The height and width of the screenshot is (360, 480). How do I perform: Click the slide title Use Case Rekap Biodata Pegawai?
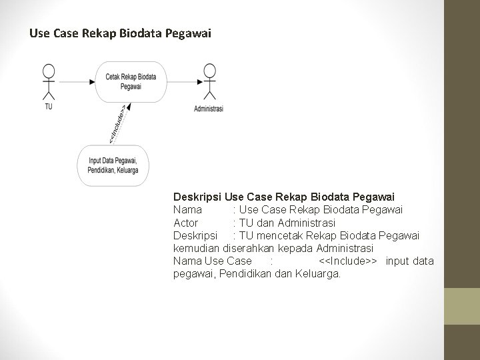coord(120,31)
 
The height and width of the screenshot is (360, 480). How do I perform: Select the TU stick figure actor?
coord(48,81)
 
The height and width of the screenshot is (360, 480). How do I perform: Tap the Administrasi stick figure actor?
coord(209,82)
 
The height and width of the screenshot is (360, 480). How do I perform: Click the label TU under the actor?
coord(49,107)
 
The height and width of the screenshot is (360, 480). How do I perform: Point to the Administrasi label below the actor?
coord(209,109)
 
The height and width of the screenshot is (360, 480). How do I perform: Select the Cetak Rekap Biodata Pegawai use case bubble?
coord(131,81)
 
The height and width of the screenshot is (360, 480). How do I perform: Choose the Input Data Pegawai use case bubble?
coord(113,165)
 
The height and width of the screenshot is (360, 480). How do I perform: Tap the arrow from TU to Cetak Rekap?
coord(79,81)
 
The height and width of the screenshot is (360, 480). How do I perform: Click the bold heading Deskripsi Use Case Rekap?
coord(283,197)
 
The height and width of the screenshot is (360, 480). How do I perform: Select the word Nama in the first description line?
coord(187,210)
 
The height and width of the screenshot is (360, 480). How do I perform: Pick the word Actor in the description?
coord(186,223)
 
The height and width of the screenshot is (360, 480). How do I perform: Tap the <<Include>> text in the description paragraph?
coord(349,261)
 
